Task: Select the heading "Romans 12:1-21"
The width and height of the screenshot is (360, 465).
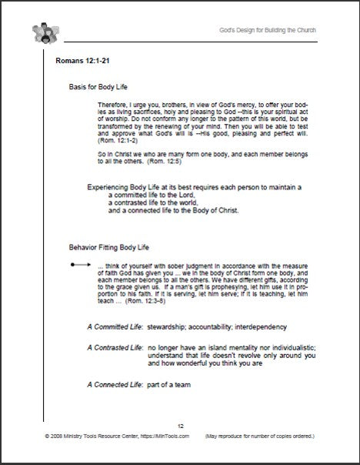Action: point(86,60)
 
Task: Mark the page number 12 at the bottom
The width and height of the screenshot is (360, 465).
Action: point(180,426)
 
